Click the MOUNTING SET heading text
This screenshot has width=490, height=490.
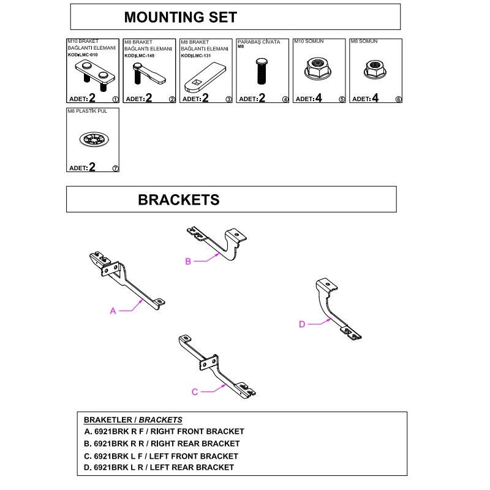click(x=180, y=17)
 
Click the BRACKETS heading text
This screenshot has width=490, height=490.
click(x=178, y=200)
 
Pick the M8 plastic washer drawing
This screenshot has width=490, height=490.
click(x=92, y=138)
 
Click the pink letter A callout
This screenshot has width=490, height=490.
click(x=113, y=311)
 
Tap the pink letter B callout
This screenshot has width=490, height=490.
click(x=189, y=262)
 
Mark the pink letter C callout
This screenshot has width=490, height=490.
click(x=195, y=392)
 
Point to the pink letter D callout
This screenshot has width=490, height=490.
click(x=302, y=325)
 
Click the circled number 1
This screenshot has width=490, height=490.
click(x=115, y=99)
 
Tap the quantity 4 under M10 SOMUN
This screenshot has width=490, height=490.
click(x=318, y=98)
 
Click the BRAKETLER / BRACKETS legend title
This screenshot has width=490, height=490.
click(x=133, y=420)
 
